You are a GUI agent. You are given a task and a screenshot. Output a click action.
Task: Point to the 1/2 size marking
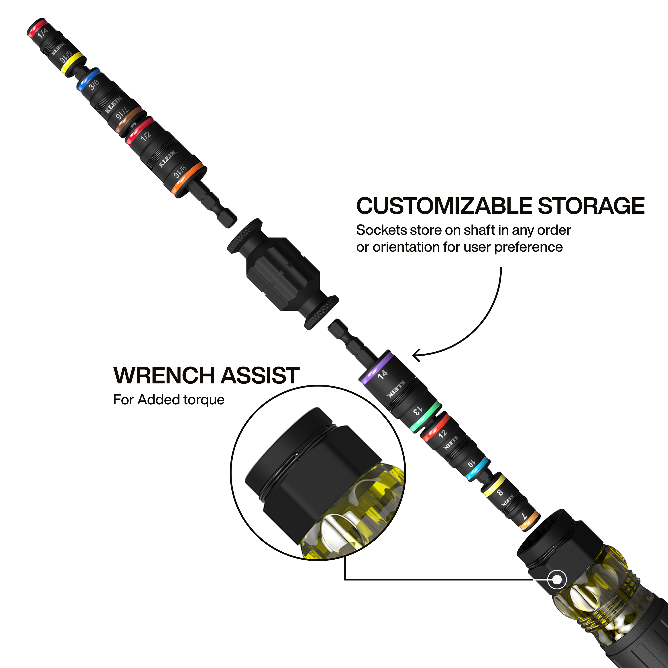[146, 136]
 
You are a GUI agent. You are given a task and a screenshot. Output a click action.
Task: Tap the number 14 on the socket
[382, 375]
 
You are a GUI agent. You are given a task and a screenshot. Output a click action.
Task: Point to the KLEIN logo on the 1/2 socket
[167, 159]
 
